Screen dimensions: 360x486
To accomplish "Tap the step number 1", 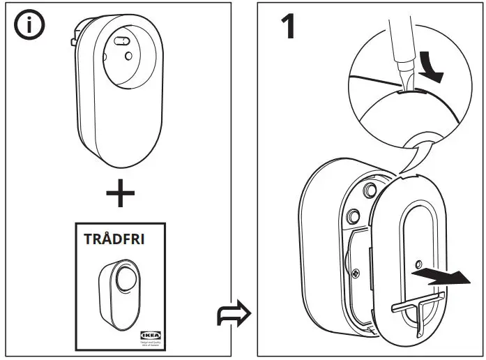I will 288,27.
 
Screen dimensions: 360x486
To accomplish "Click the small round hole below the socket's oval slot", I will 128,55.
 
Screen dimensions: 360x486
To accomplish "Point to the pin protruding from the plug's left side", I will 73,41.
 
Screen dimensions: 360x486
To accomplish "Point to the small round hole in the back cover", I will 416,264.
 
